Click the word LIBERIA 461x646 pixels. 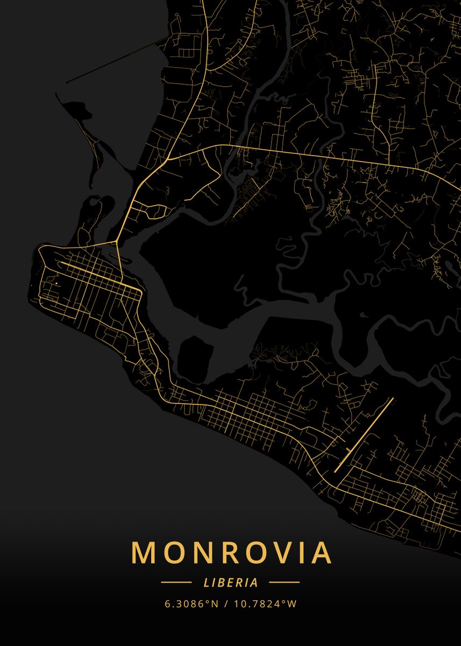click(x=231, y=582)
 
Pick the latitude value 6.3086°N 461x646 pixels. click(x=192, y=603)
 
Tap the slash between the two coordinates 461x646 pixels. click(x=226, y=603)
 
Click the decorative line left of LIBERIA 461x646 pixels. click(x=176, y=582)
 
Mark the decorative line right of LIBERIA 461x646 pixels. click(x=284, y=582)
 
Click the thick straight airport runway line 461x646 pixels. click(x=364, y=435)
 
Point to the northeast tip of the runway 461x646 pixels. click(x=393, y=398)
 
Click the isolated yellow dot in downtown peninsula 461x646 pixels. click(x=56, y=282)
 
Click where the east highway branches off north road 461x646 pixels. click(x=172, y=156)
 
